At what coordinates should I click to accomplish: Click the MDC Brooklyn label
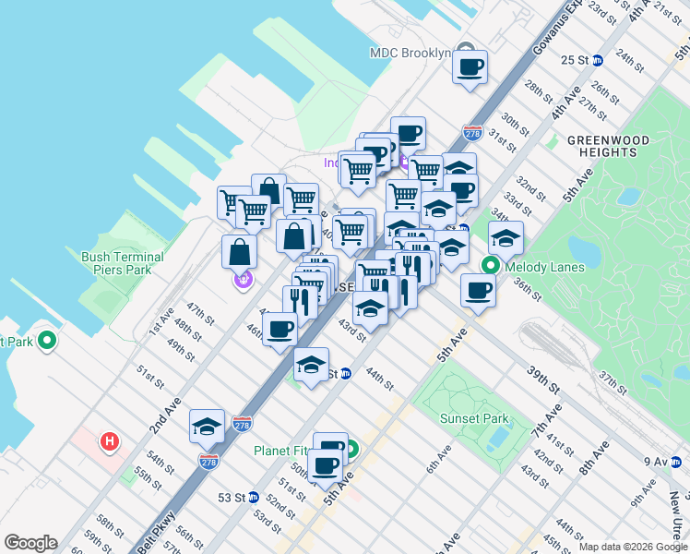tap(410, 53)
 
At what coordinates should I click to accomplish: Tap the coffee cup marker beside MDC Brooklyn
tap(470, 66)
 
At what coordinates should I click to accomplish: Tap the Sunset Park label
tap(475, 418)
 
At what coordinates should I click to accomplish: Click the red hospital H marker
tap(110, 442)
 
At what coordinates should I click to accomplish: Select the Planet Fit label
tap(284, 452)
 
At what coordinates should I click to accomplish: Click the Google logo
tap(30, 543)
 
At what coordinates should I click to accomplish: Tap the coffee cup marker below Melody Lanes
tap(478, 290)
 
